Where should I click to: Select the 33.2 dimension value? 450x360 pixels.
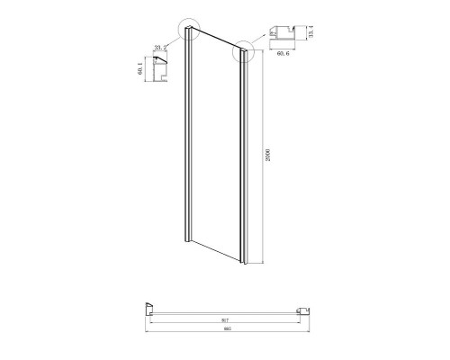[162, 47]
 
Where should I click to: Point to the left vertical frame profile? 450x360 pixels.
[186, 135]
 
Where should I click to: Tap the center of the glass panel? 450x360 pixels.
[214, 148]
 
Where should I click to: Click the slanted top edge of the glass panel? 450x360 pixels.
[216, 43]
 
